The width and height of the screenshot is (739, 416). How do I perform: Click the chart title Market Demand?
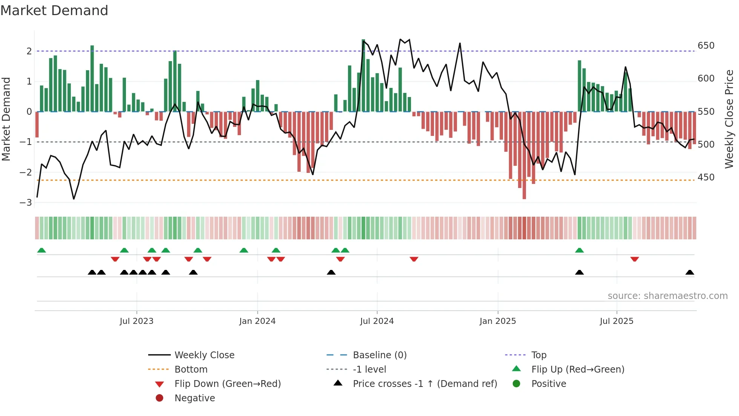click(x=54, y=11)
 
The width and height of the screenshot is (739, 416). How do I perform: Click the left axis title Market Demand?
click(x=6, y=119)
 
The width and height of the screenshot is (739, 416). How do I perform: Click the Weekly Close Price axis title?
click(x=729, y=119)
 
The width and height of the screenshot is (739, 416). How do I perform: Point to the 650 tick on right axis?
click(x=706, y=46)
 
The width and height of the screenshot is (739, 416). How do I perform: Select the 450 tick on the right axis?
click(x=706, y=177)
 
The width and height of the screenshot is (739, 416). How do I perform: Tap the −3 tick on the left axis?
click(x=26, y=203)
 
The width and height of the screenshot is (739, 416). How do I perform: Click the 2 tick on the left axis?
click(x=29, y=51)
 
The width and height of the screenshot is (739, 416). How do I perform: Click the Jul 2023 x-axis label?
click(x=136, y=321)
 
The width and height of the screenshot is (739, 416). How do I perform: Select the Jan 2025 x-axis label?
click(x=498, y=321)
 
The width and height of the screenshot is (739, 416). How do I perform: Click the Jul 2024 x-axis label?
click(x=377, y=321)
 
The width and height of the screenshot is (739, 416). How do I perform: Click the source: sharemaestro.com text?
click(x=667, y=296)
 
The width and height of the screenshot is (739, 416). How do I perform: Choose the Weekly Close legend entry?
click(x=204, y=355)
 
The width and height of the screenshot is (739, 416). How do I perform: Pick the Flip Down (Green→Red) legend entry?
click(x=227, y=384)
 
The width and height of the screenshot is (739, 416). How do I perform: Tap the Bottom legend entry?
click(x=191, y=370)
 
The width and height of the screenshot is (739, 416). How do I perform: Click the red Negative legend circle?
click(x=159, y=398)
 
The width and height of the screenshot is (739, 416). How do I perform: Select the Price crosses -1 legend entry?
click(x=425, y=384)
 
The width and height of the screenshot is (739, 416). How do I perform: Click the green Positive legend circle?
click(x=517, y=384)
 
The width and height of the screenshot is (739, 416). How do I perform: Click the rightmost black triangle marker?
click(x=690, y=273)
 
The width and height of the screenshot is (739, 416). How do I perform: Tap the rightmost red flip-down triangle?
click(x=635, y=259)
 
